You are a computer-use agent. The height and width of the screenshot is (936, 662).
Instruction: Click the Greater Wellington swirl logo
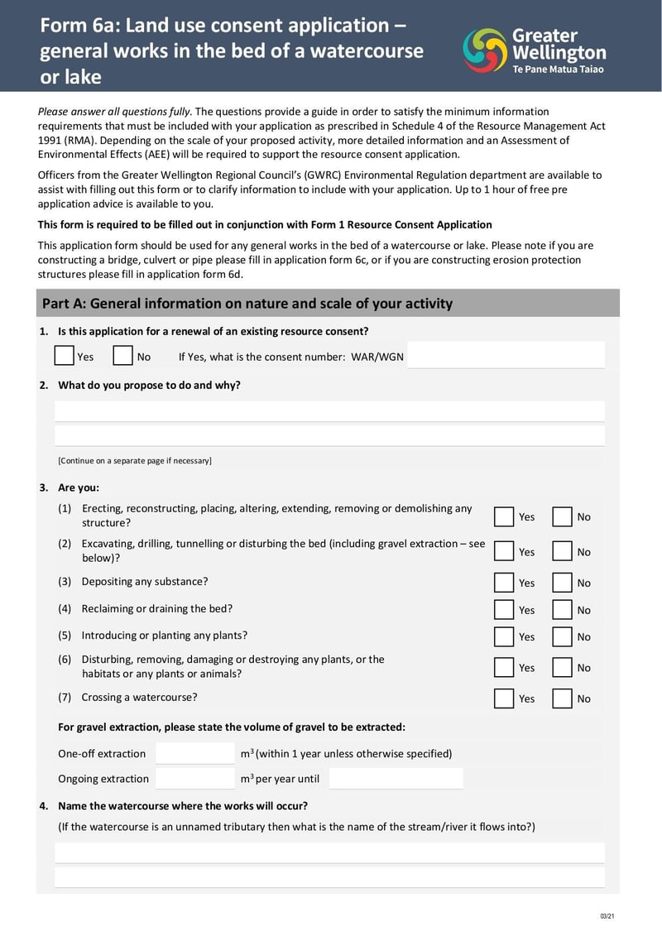point(485,50)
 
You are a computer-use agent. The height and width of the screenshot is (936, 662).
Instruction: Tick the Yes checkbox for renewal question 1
point(65,356)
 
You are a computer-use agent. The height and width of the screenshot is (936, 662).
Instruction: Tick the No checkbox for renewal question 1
point(123,356)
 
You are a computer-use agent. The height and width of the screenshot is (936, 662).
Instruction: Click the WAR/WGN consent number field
point(506,356)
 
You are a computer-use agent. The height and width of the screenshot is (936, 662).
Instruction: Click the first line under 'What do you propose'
point(329,411)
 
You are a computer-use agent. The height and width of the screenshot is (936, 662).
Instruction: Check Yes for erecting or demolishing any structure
point(504,516)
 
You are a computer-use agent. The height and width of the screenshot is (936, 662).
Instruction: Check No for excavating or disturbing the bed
point(563,551)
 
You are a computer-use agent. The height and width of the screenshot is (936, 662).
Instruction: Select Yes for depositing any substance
point(504,583)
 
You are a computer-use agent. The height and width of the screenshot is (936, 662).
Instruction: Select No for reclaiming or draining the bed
point(563,610)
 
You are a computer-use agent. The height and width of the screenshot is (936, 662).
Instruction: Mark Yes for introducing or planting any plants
point(504,637)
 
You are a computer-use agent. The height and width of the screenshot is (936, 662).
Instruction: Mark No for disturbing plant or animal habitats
point(563,668)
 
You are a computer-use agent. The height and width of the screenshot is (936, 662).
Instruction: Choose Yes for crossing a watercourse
point(504,698)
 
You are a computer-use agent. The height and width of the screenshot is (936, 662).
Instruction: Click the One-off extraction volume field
point(195,753)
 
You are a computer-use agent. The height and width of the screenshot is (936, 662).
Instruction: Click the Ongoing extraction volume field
point(195,778)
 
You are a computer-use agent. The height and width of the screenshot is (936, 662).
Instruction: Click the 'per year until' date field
point(396,778)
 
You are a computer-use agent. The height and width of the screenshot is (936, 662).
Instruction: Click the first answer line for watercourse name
point(329,852)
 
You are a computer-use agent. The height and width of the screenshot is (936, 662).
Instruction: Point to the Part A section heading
point(247,304)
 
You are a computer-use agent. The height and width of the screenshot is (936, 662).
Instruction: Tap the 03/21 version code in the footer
point(607,916)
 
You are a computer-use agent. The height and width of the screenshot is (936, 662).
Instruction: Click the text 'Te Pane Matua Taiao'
point(559,70)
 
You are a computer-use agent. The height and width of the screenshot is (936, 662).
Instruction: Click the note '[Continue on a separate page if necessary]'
point(135,460)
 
